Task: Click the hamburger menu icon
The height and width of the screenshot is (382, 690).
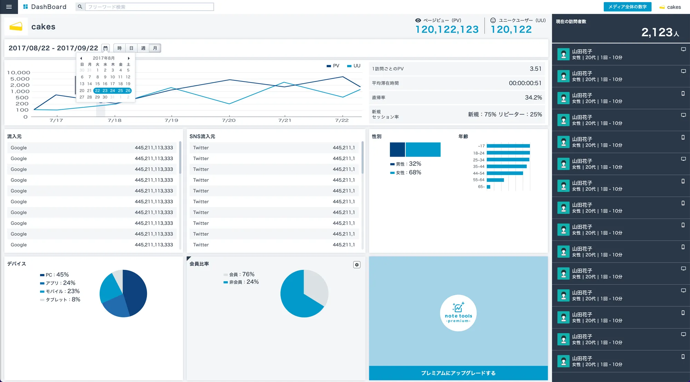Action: point(9,7)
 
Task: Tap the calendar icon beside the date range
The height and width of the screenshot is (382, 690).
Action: point(106,48)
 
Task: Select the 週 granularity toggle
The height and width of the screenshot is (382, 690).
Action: point(143,48)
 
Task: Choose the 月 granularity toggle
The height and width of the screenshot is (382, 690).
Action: point(155,48)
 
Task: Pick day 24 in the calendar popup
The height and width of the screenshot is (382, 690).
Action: point(112,91)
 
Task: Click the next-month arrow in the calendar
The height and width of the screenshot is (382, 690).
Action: point(129,58)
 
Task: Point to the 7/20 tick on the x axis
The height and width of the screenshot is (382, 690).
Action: point(229,120)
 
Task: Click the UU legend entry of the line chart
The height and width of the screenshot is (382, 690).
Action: point(354,66)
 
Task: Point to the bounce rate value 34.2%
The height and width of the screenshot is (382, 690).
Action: point(533,98)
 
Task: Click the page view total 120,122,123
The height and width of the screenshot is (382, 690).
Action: point(447,30)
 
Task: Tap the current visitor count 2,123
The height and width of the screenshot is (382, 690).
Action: point(657,32)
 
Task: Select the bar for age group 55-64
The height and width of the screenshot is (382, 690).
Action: point(495,180)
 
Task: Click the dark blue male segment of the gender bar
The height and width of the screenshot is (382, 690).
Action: point(397,150)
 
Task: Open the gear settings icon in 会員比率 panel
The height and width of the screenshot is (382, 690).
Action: point(357,265)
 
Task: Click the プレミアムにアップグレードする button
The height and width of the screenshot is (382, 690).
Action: point(458,373)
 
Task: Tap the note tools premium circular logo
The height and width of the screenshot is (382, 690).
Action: point(458,313)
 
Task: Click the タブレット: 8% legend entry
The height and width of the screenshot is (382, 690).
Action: point(60,300)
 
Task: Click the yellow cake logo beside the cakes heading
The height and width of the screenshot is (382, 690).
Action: point(16,27)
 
